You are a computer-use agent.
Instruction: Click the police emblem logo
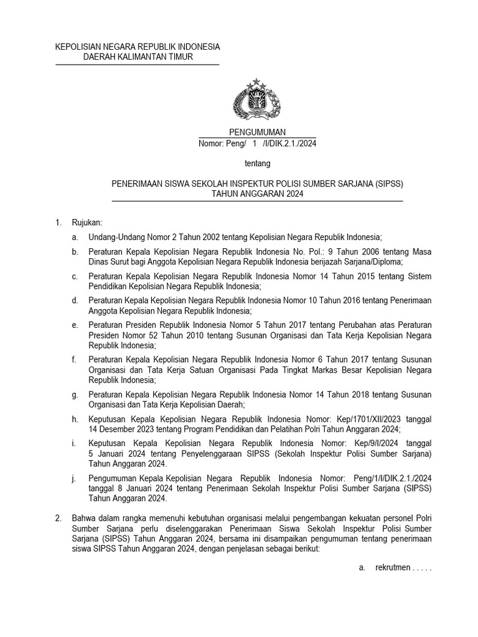(256, 101)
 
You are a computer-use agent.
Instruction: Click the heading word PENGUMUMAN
(257, 133)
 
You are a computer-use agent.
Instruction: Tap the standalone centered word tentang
(257, 164)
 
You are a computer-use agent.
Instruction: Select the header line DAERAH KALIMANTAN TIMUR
(138, 57)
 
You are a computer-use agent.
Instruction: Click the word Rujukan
(87, 222)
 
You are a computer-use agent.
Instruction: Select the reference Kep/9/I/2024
(358, 444)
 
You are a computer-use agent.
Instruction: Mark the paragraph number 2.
(58, 518)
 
